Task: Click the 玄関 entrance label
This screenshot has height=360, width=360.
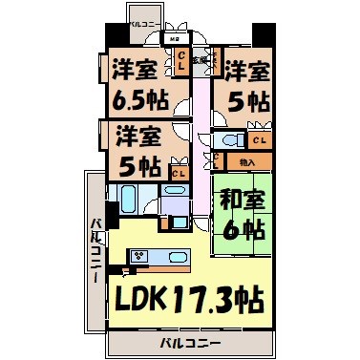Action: (x=198, y=59)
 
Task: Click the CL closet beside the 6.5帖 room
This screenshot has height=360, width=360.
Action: (x=180, y=60)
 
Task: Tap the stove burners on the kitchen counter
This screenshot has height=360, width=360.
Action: (x=139, y=256)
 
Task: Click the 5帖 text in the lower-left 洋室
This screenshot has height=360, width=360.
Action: (x=141, y=164)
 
